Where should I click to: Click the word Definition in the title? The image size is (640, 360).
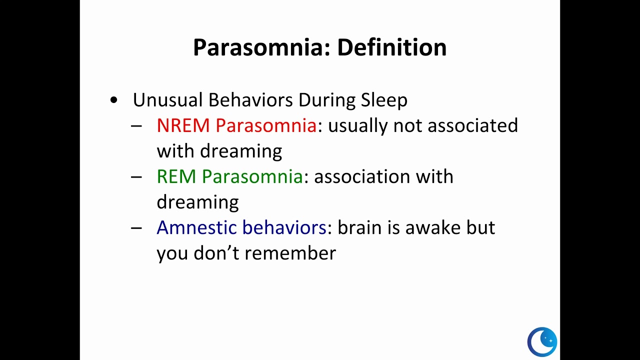391,47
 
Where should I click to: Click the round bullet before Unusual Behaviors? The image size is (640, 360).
114,100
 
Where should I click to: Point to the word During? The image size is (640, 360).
327,100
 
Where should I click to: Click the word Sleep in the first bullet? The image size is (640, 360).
384,100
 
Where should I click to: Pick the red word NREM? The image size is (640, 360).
183,125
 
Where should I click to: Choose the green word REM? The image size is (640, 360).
176,176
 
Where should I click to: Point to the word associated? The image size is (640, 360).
472,125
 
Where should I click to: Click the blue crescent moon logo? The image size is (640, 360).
542,342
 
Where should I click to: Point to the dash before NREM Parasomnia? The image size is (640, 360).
136,126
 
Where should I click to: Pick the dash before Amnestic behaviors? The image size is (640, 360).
136,228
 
